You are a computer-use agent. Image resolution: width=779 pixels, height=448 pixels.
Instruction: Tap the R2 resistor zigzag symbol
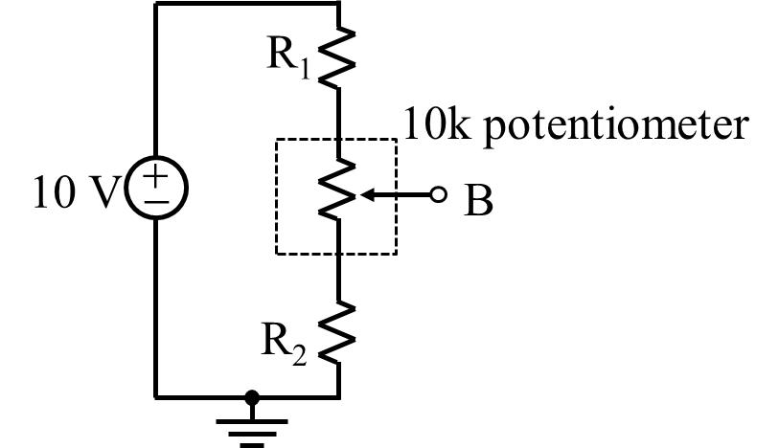[337, 331]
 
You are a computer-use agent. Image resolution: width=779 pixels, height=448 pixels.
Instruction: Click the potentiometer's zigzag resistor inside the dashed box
[337, 192]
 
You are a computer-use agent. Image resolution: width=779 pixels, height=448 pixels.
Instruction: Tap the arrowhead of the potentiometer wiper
[365, 195]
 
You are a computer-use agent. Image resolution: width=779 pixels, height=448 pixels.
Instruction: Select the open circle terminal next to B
[439, 195]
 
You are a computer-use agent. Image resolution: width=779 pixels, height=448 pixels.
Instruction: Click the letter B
[478, 201]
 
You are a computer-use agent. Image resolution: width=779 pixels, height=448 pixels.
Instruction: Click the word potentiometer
[613, 127]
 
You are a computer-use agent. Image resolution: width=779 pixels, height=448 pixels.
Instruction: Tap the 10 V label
[71, 192]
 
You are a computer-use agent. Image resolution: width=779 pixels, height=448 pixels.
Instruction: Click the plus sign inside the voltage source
[155, 178]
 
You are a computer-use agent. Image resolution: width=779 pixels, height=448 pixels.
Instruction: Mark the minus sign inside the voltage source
[155, 202]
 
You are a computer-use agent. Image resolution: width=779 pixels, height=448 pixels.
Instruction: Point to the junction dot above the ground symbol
[251, 396]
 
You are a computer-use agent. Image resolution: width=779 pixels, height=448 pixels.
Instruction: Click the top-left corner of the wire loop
[156, 3]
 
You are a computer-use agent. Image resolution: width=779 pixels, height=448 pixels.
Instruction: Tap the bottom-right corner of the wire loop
[338, 395]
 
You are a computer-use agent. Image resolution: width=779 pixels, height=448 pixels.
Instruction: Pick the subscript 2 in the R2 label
[299, 356]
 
